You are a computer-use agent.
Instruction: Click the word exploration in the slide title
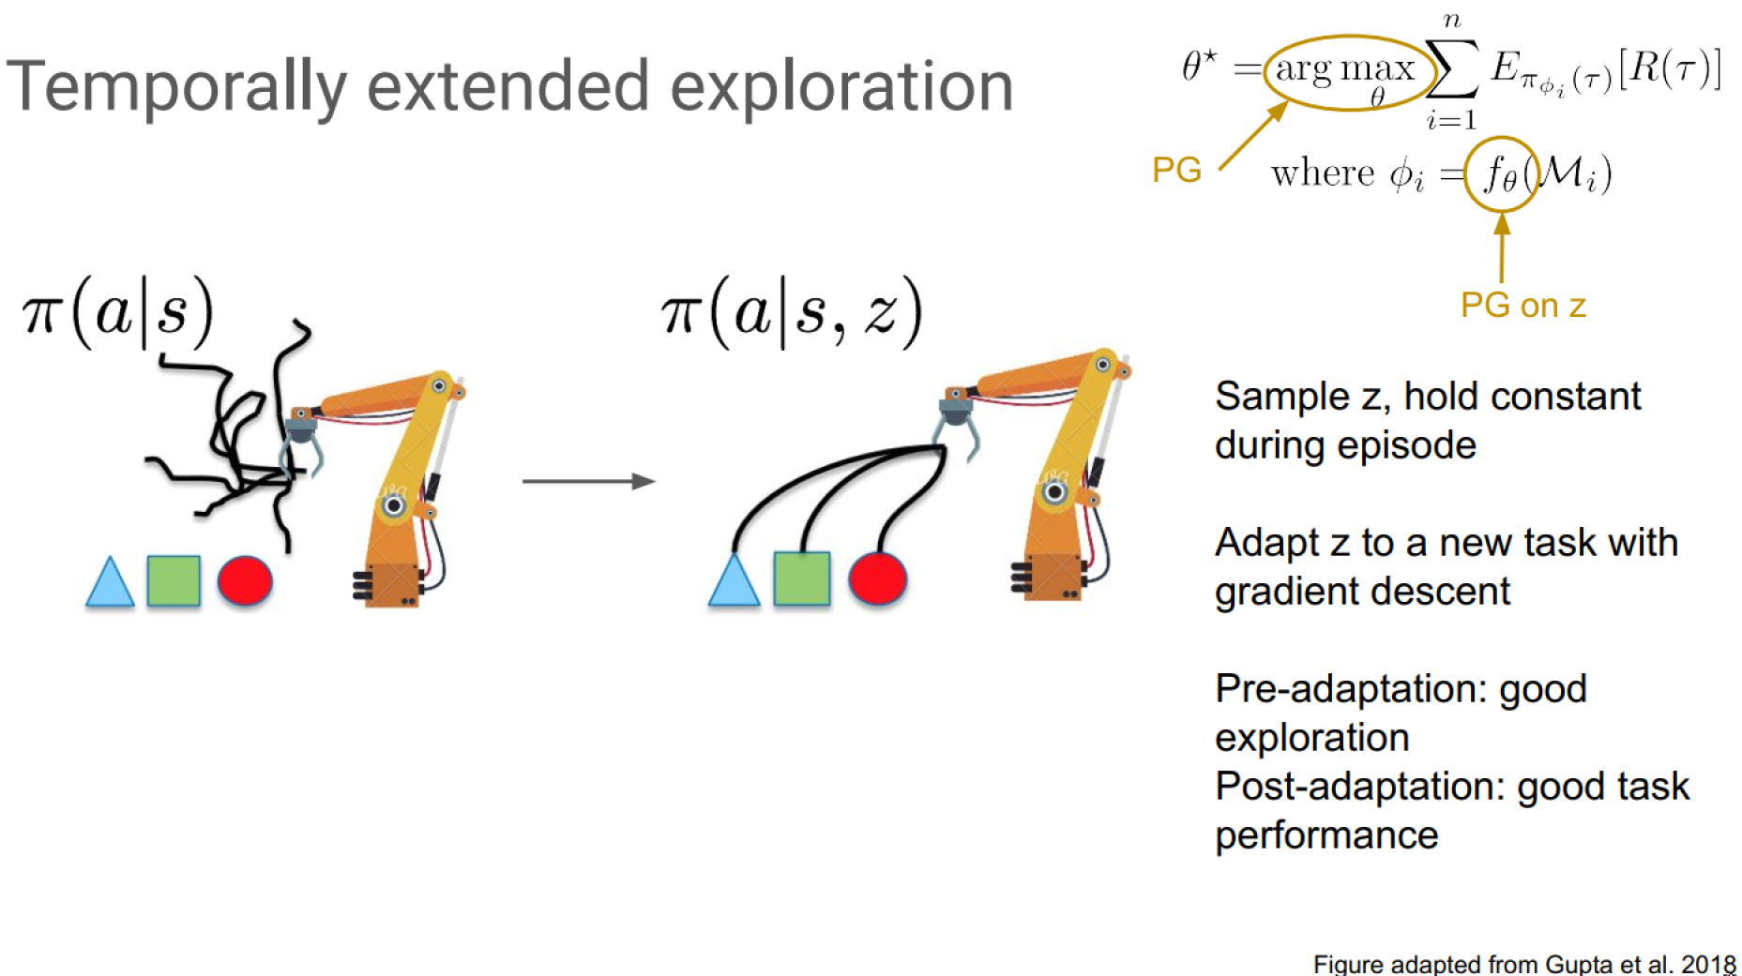(841, 87)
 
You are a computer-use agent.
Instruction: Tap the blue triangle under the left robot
(110, 582)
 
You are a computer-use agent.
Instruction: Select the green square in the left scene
(174, 580)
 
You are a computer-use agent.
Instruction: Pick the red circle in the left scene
(245, 580)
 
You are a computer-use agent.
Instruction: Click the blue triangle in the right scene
(734, 579)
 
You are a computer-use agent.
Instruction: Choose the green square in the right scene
(802, 578)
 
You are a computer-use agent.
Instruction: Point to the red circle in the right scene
(877, 578)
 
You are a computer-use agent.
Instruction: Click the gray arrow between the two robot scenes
(589, 481)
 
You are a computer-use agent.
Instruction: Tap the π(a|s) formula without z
(118, 312)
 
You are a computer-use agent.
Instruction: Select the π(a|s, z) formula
(792, 312)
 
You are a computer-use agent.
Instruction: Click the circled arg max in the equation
(1345, 73)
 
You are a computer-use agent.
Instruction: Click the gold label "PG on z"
(1523, 306)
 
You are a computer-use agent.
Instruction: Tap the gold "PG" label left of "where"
(1176, 170)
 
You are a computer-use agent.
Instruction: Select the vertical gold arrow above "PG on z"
(1502, 248)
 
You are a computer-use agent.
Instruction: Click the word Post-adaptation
(1360, 788)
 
